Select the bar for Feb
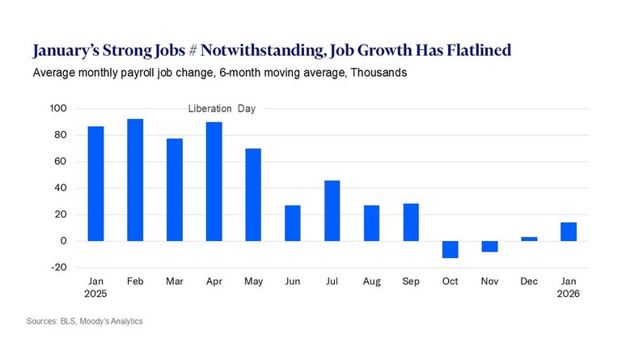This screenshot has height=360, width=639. pyautogui.click(x=135, y=180)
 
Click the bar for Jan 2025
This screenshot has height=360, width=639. pyautogui.click(x=95, y=184)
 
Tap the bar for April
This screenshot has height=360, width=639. pyautogui.click(x=214, y=181)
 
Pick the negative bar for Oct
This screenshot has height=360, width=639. pyautogui.click(x=450, y=249)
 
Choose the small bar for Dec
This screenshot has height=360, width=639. pyautogui.click(x=529, y=239)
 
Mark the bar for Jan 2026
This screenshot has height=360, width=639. pyautogui.click(x=569, y=231)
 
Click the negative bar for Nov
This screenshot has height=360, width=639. pyautogui.click(x=489, y=246)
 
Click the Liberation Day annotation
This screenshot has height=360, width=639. pyautogui.click(x=222, y=108)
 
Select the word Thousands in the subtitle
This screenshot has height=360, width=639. pyautogui.click(x=379, y=73)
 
